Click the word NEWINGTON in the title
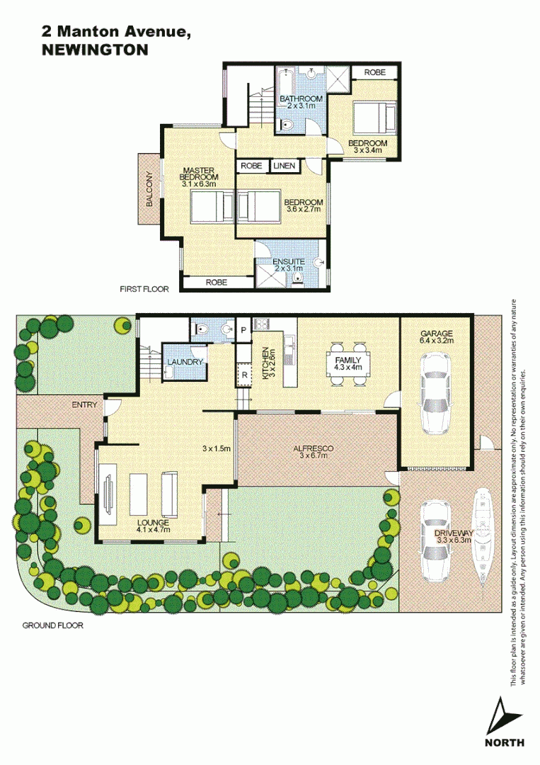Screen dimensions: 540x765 [x=95, y=50]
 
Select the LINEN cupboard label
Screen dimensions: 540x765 [x=284, y=166]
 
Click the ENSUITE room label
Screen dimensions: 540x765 [x=289, y=261]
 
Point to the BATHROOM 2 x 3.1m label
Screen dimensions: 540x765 [x=301, y=102]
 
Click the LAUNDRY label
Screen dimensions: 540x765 [x=185, y=362]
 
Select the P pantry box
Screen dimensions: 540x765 [x=243, y=330]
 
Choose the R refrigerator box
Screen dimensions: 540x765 [x=244, y=375]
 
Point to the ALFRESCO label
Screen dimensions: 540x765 [x=313, y=448]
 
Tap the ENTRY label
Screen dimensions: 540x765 [x=84, y=404]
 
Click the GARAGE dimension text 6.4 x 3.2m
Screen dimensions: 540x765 [x=436, y=341]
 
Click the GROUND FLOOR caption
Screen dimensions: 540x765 [x=52, y=625]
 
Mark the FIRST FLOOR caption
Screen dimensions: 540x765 [x=144, y=289]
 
